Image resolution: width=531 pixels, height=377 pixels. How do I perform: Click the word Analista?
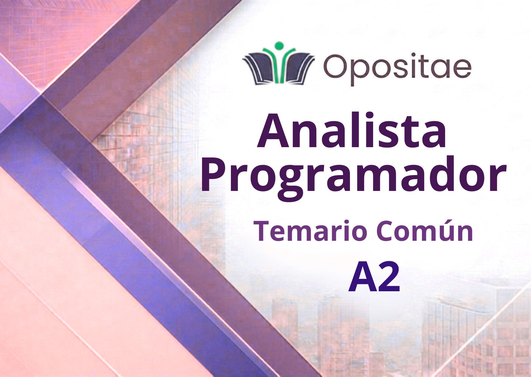pos(352,131)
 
